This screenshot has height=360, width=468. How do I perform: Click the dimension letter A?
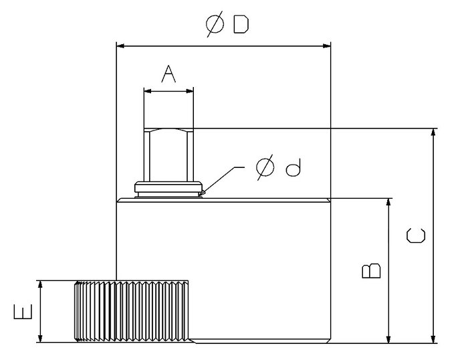(168, 74)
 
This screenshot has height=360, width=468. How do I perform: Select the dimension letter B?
(371, 271)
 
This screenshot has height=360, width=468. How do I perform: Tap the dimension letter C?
(415, 236)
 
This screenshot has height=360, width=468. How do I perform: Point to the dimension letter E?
(23, 312)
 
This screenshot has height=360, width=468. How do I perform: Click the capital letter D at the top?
(241, 24)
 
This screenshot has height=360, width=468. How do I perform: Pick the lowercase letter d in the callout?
(293, 167)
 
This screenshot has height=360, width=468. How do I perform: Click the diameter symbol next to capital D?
(215, 24)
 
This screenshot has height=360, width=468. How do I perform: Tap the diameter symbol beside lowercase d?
(265, 167)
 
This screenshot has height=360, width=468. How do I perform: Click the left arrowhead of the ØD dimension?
(120, 46)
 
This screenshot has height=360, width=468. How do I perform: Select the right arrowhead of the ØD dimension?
(326, 46)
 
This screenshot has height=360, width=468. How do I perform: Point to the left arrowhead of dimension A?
(148, 91)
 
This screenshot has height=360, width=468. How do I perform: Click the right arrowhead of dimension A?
(189, 91)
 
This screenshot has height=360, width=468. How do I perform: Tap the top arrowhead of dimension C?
(433, 132)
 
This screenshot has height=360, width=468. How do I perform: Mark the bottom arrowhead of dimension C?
(433, 339)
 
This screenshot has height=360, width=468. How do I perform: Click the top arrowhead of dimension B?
(388, 202)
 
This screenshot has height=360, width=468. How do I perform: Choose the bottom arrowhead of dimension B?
(388, 339)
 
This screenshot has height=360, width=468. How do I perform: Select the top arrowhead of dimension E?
(41, 285)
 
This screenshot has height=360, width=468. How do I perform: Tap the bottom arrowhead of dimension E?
(41, 338)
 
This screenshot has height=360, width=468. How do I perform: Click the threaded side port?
(131, 311)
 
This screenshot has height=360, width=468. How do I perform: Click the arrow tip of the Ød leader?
(199, 196)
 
